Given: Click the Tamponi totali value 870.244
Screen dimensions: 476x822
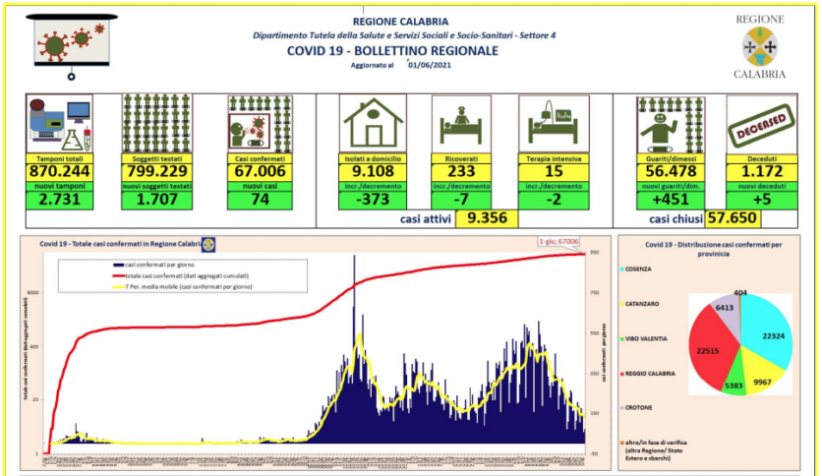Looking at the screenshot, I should pyautogui.click(x=60, y=170).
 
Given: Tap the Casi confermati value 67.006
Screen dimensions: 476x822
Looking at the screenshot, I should pyautogui.click(x=262, y=170).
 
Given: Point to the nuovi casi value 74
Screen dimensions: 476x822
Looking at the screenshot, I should pyautogui.click(x=262, y=200).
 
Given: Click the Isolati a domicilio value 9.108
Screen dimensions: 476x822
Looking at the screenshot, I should pyautogui.click(x=374, y=170).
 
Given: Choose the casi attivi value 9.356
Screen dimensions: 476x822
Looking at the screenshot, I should pyautogui.click(x=487, y=220).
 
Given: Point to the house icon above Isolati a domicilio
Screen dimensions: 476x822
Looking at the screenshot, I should pyautogui.click(x=374, y=123).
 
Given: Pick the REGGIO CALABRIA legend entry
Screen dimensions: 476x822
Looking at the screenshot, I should pyautogui.click(x=653, y=373).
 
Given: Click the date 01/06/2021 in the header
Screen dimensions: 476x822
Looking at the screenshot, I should pyautogui.click(x=428, y=66).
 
